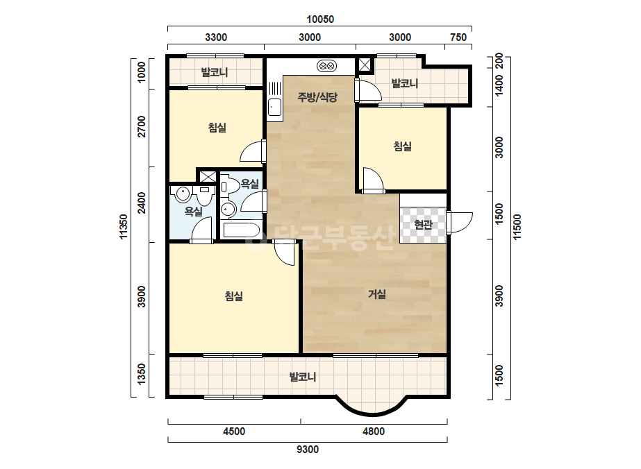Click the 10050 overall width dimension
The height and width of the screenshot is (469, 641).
pyautogui.click(x=320, y=19)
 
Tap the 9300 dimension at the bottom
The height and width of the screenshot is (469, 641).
pyautogui.click(x=308, y=450)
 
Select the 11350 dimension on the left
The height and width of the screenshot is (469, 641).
pyautogui.click(x=124, y=227)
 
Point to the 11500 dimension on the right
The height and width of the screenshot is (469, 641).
pyautogui.click(x=517, y=227)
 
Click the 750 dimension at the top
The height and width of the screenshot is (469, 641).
pyautogui.click(x=458, y=37)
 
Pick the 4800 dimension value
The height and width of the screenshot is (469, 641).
pyautogui.click(x=374, y=432)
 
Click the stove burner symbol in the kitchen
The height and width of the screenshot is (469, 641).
pyautogui.click(x=326, y=65)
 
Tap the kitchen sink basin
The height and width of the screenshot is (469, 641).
pyautogui.click(x=274, y=107)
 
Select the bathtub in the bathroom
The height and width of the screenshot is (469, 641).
pyautogui.click(x=241, y=230)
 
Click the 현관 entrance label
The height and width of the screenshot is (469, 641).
pyautogui.click(x=423, y=224)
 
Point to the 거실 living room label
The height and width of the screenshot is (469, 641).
pyautogui.click(x=377, y=293)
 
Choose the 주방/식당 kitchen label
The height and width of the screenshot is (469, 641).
pyautogui.click(x=317, y=97)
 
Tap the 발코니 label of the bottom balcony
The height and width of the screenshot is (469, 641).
pyautogui.click(x=303, y=376)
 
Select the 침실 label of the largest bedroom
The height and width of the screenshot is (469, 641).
pyautogui.click(x=234, y=296)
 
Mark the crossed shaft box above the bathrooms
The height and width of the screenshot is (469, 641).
pyautogui.click(x=208, y=176)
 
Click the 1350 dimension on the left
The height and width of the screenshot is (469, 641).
pyautogui.click(x=142, y=374)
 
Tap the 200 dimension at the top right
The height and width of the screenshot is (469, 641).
pyautogui.click(x=499, y=61)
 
